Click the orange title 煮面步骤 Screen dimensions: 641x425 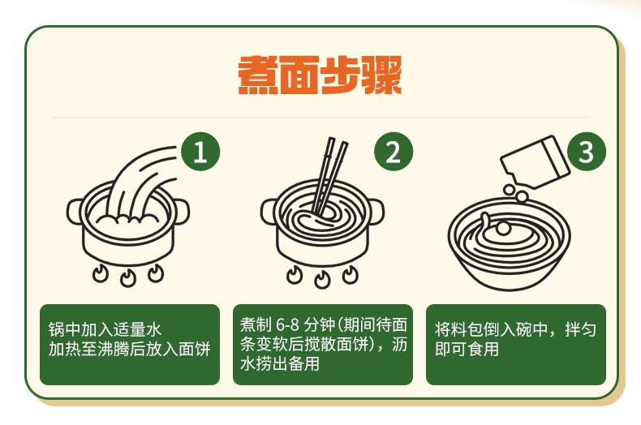(x=320, y=75)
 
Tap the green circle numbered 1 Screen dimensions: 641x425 (x=200, y=152)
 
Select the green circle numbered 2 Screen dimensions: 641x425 (x=394, y=152)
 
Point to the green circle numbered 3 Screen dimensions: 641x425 (x=586, y=152)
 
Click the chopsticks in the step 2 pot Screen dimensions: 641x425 (x=329, y=176)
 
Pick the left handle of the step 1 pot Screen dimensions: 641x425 (x=75, y=211)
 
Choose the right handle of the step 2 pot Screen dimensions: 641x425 (x=376, y=211)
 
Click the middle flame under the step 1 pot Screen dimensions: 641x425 (x=128, y=278)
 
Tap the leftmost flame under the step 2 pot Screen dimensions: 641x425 (x=295, y=274)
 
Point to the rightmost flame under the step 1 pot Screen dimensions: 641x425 (x=156, y=273)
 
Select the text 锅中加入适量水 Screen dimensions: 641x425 (x=105, y=329)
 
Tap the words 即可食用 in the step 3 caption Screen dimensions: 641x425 (x=467, y=349)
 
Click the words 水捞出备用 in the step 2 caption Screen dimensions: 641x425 (x=280, y=363)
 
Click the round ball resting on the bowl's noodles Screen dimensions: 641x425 (x=504, y=228)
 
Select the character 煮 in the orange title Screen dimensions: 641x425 (x=258, y=75)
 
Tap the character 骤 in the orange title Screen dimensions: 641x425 (x=382, y=75)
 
